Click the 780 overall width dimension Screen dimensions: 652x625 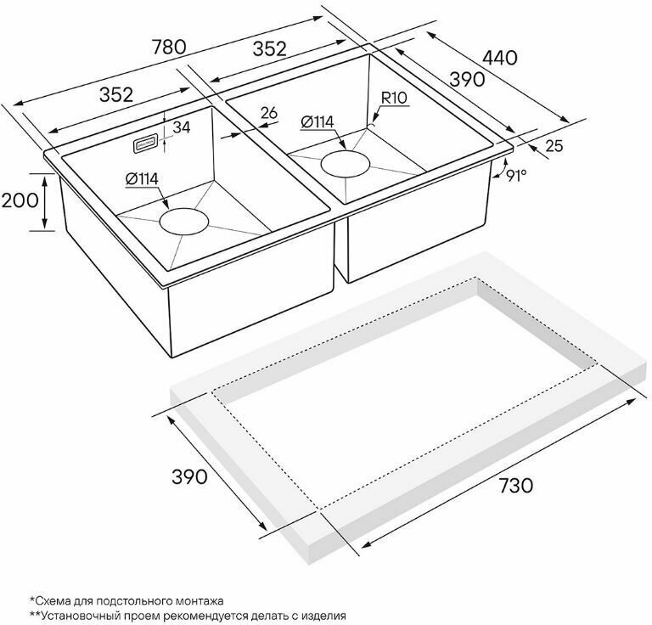pos(168,47)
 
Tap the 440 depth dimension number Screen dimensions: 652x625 pos(499,58)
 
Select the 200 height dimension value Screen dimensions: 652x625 pos(20,200)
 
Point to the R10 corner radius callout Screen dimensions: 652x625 pos(394,99)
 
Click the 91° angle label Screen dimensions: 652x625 pos(516,176)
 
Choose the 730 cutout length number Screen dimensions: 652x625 pos(515,485)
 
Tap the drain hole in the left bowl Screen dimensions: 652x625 pos(183,222)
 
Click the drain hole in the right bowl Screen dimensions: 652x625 pos(346,163)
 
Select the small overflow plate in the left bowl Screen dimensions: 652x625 pos(145,144)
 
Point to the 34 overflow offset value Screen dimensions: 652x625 pos(182,127)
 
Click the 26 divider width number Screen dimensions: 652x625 pos(269,113)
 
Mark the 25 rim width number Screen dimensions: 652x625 pos(554,146)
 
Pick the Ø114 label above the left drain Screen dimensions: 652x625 pos(142,179)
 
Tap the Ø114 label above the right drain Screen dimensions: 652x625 pos(318,121)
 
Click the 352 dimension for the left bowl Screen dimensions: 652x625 pos(116,95)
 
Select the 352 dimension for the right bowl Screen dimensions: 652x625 pos(270,49)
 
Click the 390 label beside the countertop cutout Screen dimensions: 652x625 pos(189,477)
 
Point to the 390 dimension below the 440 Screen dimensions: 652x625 pos(468,79)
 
